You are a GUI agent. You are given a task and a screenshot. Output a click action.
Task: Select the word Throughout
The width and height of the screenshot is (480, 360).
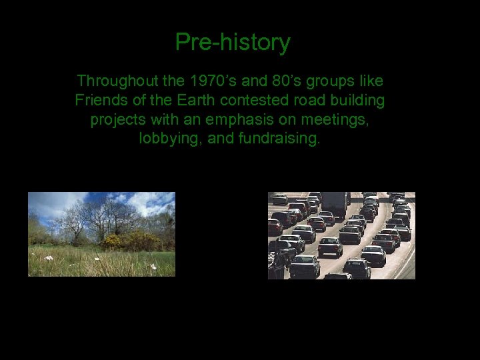[x=115, y=81]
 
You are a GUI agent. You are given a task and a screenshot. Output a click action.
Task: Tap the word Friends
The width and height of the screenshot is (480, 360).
[x=99, y=101]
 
